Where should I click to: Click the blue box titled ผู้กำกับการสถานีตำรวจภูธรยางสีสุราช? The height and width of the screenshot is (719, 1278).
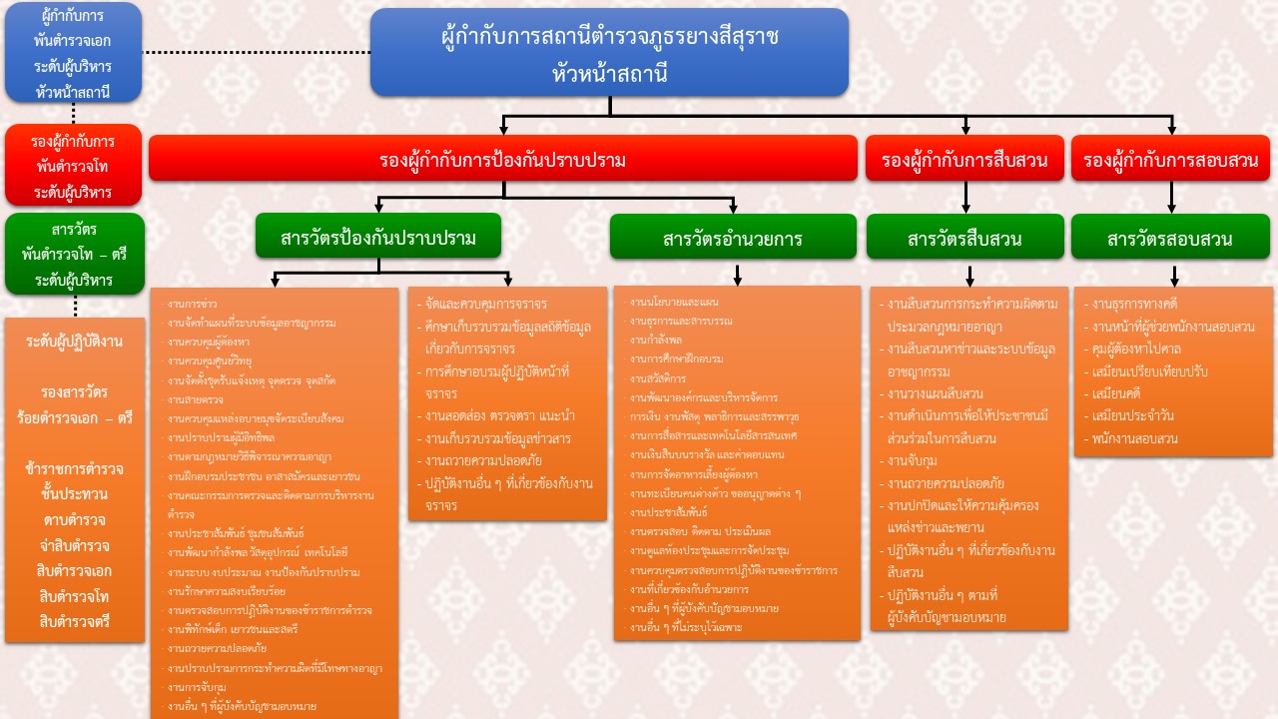pyautogui.click(x=609, y=53)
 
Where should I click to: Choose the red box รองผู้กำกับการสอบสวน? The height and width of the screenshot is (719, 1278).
pyautogui.click(x=1170, y=160)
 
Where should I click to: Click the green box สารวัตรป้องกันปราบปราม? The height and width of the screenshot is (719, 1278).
pyautogui.click(x=377, y=238)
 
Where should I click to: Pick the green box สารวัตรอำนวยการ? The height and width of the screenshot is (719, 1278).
pyautogui.click(x=733, y=239)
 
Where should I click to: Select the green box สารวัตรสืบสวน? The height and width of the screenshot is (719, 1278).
pyautogui.click(x=964, y=239)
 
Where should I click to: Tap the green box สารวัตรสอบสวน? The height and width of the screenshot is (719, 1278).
pyautogui.click(x=1170, y=239)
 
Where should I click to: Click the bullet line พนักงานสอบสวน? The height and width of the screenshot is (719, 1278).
pyautogui.click(x=1134, y=438)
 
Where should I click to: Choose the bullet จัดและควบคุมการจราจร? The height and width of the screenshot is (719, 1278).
pyautogui.click(x=485, y=304)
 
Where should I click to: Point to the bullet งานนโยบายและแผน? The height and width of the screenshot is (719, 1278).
pyautogui.click(x=674, y=302)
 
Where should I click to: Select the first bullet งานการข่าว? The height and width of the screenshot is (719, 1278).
pyautogui.click(x=193, y=304)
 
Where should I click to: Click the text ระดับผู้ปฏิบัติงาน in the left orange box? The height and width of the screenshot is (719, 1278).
pyautogui.click(x=75, y=342)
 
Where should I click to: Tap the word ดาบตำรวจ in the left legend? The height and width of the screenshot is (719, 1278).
pyautogui.click(x=75, y=520)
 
